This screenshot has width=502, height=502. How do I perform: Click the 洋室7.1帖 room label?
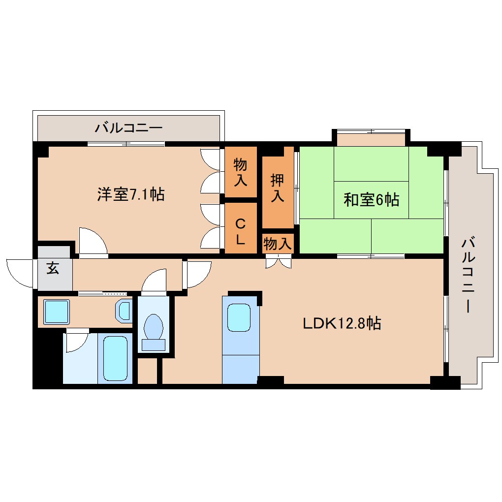point(130,194)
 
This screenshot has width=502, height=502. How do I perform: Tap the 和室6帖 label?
point(371,200)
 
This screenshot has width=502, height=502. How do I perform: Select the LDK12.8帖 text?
point(342,323)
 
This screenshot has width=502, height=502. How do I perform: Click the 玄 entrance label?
point(53,269)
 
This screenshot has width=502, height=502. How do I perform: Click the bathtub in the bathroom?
point(116,358)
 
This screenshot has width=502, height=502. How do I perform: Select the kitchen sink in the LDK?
point(241,317)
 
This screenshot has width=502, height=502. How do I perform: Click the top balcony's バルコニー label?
point(128,129)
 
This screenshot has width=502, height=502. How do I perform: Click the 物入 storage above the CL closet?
point(241,172)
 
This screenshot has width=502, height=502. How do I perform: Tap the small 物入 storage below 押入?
point(278,243)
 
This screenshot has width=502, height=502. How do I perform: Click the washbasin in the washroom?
point(124,311)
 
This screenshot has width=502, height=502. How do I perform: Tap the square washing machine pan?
point(56,312)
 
